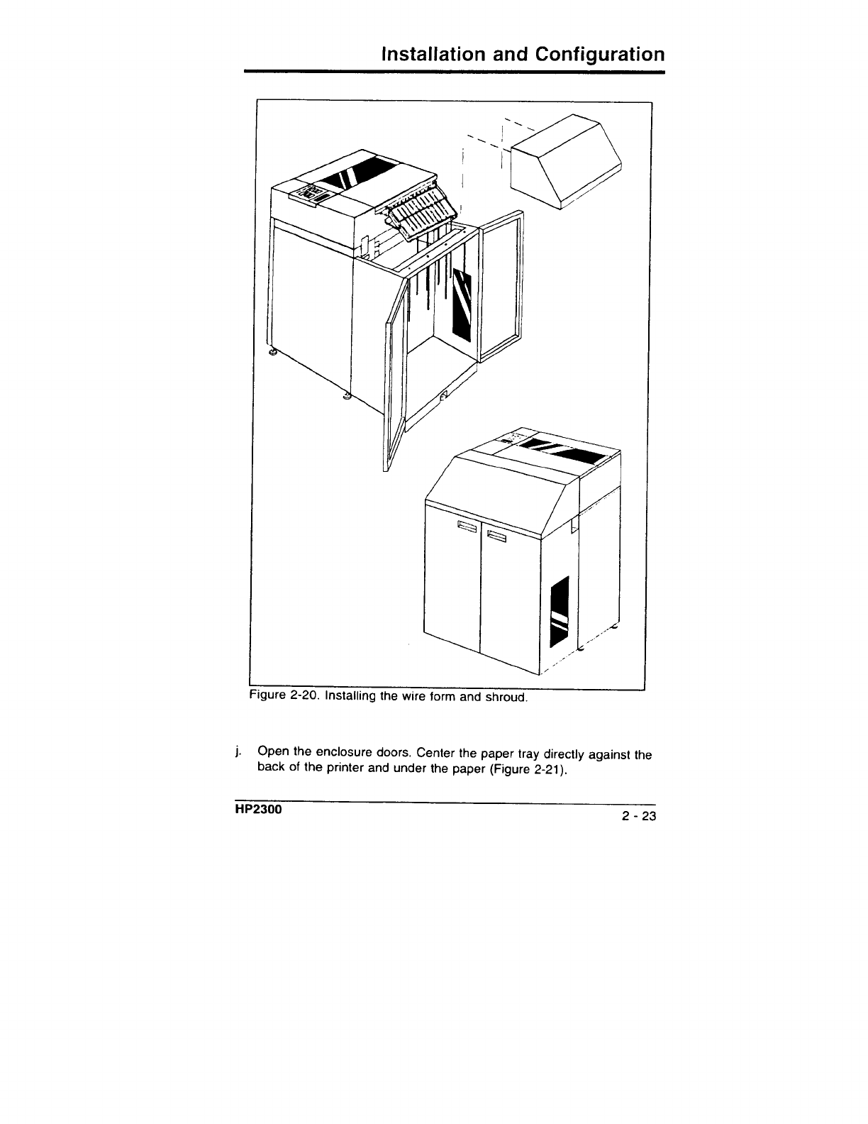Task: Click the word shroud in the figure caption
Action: click(505, 698)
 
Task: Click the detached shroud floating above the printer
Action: click(566, 161)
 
